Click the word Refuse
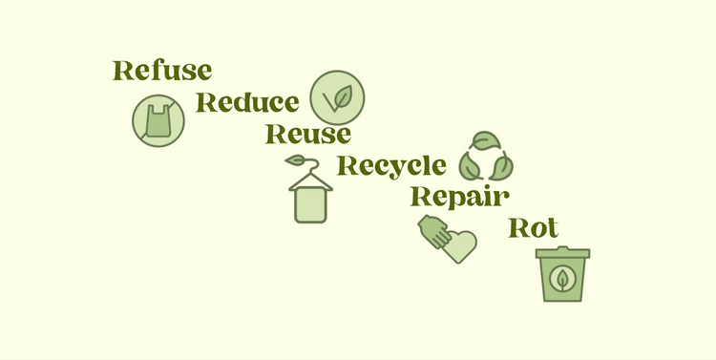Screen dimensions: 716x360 161,71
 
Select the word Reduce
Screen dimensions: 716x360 247,103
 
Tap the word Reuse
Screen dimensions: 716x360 307,135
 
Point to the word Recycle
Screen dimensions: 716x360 391,166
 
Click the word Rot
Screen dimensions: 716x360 534,228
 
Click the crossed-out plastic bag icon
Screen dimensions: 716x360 158,120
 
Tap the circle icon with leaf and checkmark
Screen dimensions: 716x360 338,97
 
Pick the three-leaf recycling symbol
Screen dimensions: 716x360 485,158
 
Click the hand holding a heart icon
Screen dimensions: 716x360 447,239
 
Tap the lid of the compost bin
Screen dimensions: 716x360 562,253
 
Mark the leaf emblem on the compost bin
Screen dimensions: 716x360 563,281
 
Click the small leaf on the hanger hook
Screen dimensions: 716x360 297,159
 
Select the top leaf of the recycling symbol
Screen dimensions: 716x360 485,142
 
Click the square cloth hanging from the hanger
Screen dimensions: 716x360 309,203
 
